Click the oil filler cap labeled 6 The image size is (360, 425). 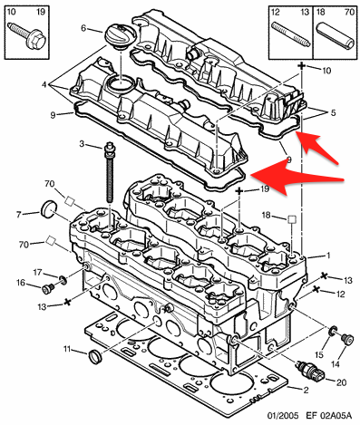121,37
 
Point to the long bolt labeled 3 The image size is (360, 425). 109,173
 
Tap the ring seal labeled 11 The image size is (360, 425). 95,357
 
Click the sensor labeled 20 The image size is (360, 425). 310,370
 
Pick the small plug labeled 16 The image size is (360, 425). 47,289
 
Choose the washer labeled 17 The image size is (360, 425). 63,280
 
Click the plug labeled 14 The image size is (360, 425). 347,339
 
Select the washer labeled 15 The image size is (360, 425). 333,331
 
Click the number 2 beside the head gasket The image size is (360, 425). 306,391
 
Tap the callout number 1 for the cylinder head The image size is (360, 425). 328,256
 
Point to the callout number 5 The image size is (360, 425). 333,113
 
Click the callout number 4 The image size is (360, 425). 44,85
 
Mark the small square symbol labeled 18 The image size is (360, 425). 292,219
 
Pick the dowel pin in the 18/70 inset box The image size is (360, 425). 336,35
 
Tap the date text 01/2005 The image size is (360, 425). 282,416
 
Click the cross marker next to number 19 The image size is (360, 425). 239,191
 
